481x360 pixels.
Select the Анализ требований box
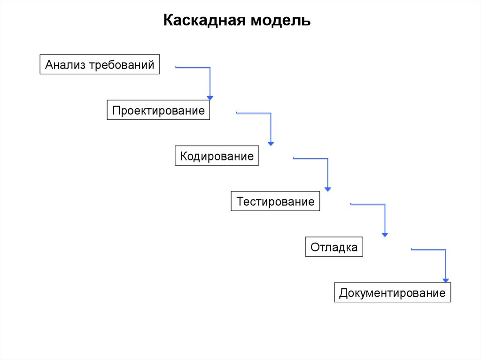pyautogui.click(x=100, y=65)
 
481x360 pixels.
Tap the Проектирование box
pyautogui.click(x=158, y=110)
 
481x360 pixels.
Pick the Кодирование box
pyautogui.click(x=217, y=156)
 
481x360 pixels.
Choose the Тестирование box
pyautogui.click(x=275, y=201)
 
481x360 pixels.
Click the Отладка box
pyautogui.click(x=334, y=247)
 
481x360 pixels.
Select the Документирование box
pyautogui.click(x=392, y=293)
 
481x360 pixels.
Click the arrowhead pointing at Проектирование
pyautogui.click(x=210, y=98)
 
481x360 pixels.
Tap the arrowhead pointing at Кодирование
pyautogui.click(x=271, y=143)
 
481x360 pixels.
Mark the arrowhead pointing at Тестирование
pyautogui.click(x=328, y=189)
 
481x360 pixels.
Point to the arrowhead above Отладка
pyautogui.click(x=385, y=234)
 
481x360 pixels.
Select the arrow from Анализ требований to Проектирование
pyautogui.click(x=209, y=80)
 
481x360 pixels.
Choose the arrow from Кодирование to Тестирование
pyautogui.click(x=327, y=171)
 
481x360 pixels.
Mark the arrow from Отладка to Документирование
pyautogui.click(x=445, y=263)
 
